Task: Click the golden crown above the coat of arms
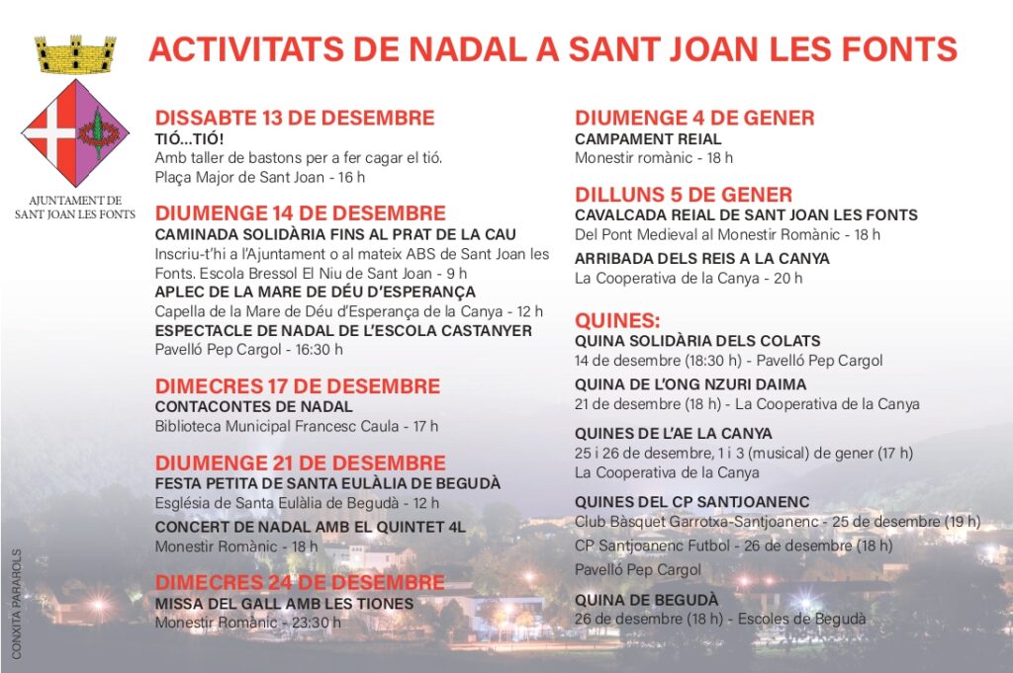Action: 75,54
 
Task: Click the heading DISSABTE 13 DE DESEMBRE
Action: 295,118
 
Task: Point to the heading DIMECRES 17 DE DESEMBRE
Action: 297,385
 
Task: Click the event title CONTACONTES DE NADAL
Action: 253,406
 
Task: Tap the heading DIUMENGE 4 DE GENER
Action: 694,118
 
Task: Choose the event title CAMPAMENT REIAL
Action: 648,139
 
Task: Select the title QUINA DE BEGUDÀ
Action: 646,599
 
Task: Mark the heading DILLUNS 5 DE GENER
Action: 684,194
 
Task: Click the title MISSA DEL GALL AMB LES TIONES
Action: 284,603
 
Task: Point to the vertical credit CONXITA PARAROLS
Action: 17,603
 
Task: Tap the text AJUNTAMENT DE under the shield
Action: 75,200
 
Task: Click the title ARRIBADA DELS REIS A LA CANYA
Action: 702,258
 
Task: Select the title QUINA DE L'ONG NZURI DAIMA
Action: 691,383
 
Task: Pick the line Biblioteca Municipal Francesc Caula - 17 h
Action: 296,426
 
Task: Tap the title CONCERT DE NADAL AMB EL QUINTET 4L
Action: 310,527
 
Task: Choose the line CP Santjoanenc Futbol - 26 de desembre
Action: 733,546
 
